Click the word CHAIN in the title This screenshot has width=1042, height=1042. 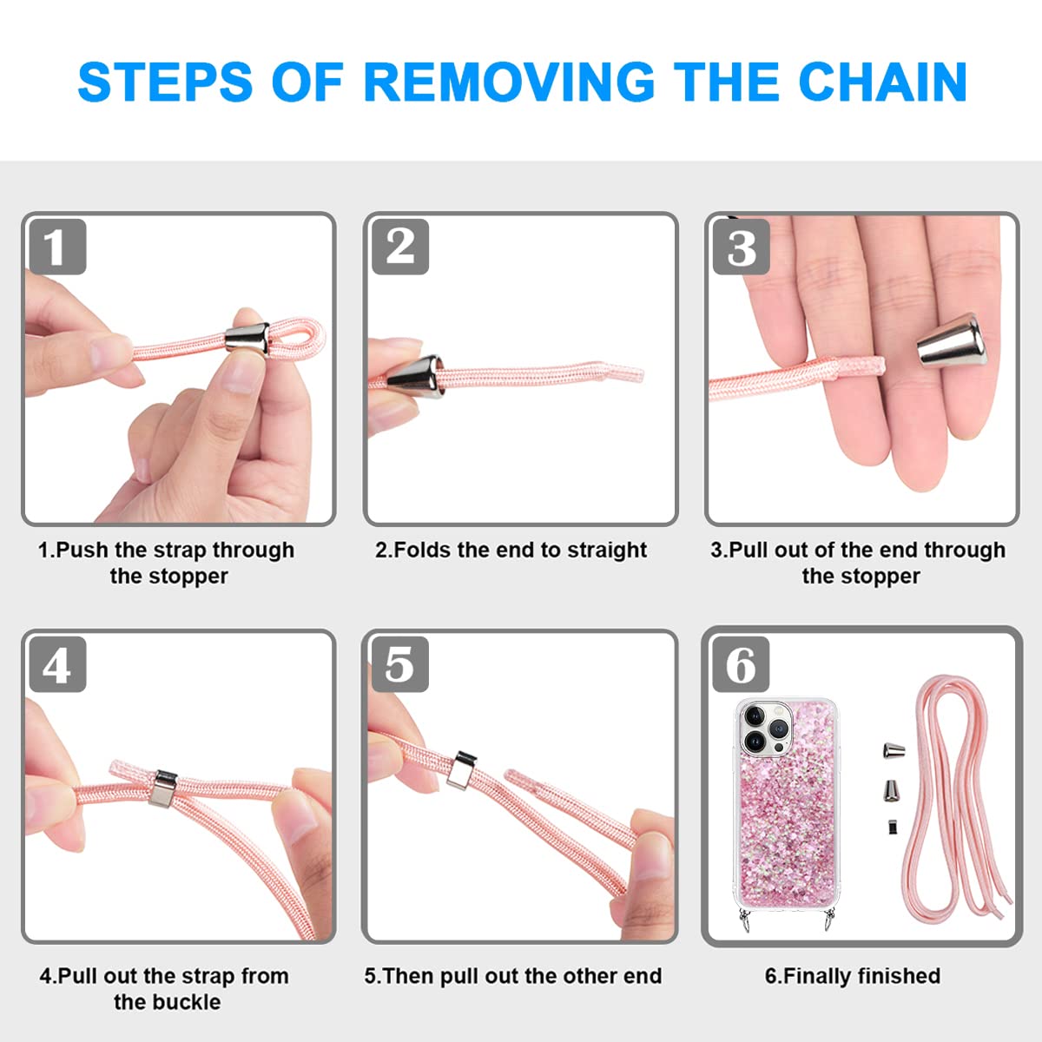pos(882,82)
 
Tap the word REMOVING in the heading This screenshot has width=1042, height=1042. pos(509,82)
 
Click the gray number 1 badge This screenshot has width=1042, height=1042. pos(57,247)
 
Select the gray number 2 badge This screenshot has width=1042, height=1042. pos(400,247)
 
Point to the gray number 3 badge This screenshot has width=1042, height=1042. pos(742,247)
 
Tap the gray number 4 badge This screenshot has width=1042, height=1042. pos(57,664)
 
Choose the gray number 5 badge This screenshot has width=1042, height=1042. pos(400,664)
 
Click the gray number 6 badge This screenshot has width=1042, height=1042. pos(742,664)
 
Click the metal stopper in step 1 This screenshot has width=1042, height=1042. pos(247,338)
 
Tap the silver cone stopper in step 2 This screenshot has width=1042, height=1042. pos(415,376)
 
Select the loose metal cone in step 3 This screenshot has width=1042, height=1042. pos(952,340)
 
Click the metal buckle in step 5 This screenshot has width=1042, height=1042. pos(461,770)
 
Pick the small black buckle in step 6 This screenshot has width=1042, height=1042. pos(893,827)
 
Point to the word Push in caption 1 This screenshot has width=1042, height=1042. pos(82,550)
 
